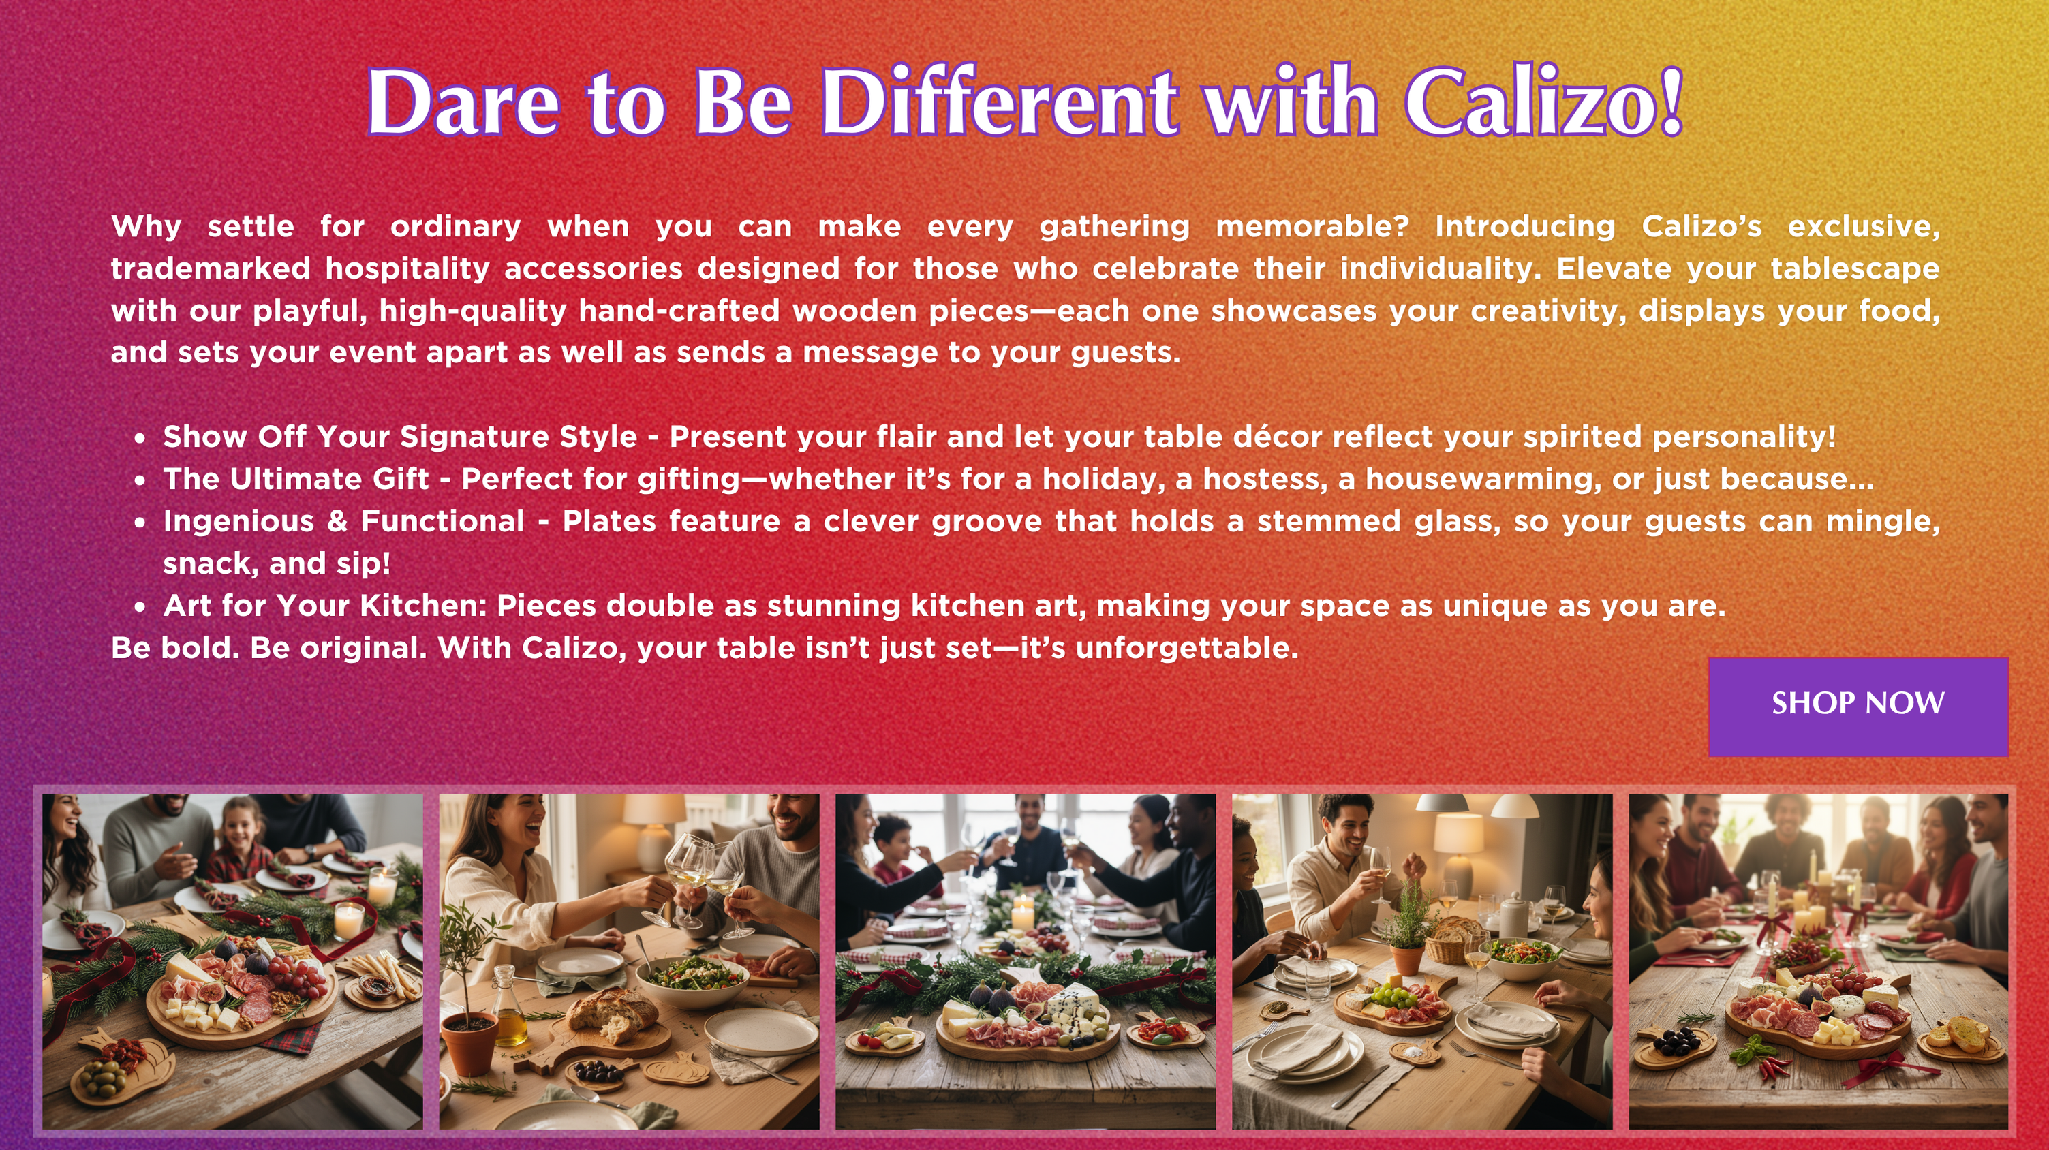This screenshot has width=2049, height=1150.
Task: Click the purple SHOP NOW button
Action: (1858, 706)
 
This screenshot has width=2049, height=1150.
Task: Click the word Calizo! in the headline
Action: (1544, 102)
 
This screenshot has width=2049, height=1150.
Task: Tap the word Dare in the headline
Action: (463, 102)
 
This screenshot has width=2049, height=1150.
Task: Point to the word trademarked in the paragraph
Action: (211, 269)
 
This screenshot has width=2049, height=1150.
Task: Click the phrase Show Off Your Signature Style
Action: (400, 437)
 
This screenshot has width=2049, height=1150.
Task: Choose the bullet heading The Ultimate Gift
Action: (296, 479)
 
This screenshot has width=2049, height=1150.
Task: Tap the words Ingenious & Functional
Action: (343, 521)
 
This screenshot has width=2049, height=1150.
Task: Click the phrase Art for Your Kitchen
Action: (325, 606)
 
